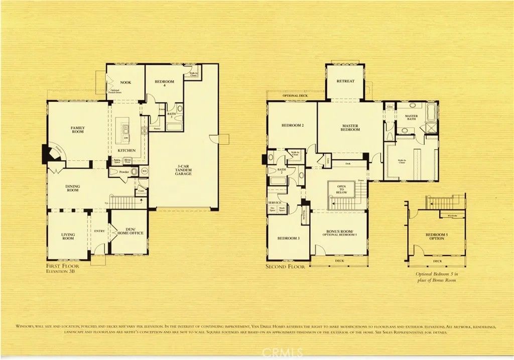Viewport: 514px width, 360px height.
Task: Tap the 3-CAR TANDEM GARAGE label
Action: (x=183, y=170)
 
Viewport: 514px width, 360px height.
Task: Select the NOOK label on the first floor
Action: (x=125, y=82)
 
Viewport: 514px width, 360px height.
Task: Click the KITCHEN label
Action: (x=126, y=150)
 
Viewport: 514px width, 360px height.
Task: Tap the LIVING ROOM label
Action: (x=68, y=236)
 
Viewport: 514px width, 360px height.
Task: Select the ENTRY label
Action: (x=99, y=230)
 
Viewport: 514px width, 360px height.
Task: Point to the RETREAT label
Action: (x=345, y=81)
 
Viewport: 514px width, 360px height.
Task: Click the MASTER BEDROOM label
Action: (x=351, y=128)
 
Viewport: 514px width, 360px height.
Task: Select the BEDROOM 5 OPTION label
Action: (x=435, y=237)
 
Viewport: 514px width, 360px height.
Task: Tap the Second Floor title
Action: (x=285, y=267)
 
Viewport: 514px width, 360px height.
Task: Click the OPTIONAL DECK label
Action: (x=295, y=95)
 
